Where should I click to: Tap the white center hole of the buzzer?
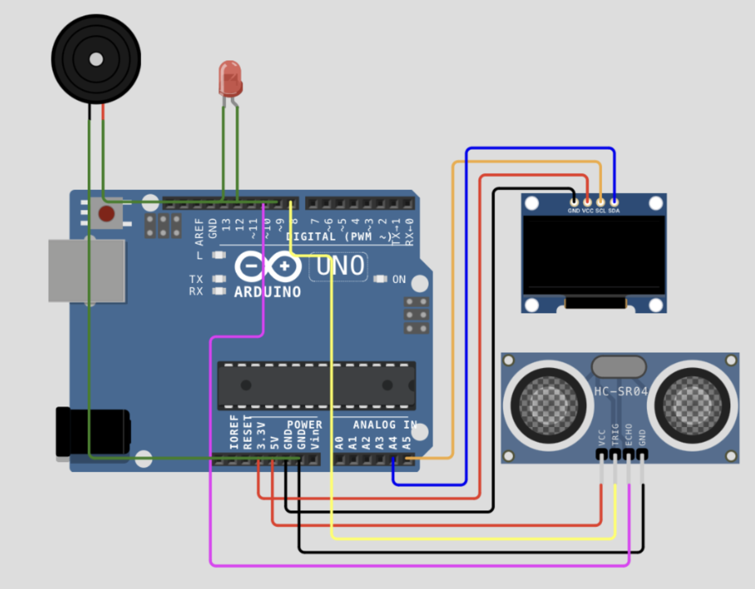click(x=96, y=60)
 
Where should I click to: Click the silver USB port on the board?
click(x=87, y=270)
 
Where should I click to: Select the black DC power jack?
click(x=93, y=433)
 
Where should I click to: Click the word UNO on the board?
click(x=340, y=267)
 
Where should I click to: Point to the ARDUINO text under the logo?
click(x=268, y=292)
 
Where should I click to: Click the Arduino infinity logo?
click(x=268, y=267)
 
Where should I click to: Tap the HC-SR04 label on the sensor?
click(x=621, y=391)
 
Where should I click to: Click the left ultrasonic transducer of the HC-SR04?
click(x=548, y=405)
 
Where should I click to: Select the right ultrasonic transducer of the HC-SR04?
click(x=692, y=405)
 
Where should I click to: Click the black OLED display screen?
click(x=594, y=255)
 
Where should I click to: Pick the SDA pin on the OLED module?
click(x=614, y=202)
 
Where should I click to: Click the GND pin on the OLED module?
click(x=574, y=202)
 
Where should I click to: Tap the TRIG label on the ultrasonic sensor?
click(x=615, y=434)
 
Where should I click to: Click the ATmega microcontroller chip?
click(x=316, y=385)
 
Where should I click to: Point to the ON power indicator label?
click(x=399, y=279)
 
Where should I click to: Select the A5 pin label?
click(x=406, y=443)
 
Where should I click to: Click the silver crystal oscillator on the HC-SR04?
click(x=619, y=367)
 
